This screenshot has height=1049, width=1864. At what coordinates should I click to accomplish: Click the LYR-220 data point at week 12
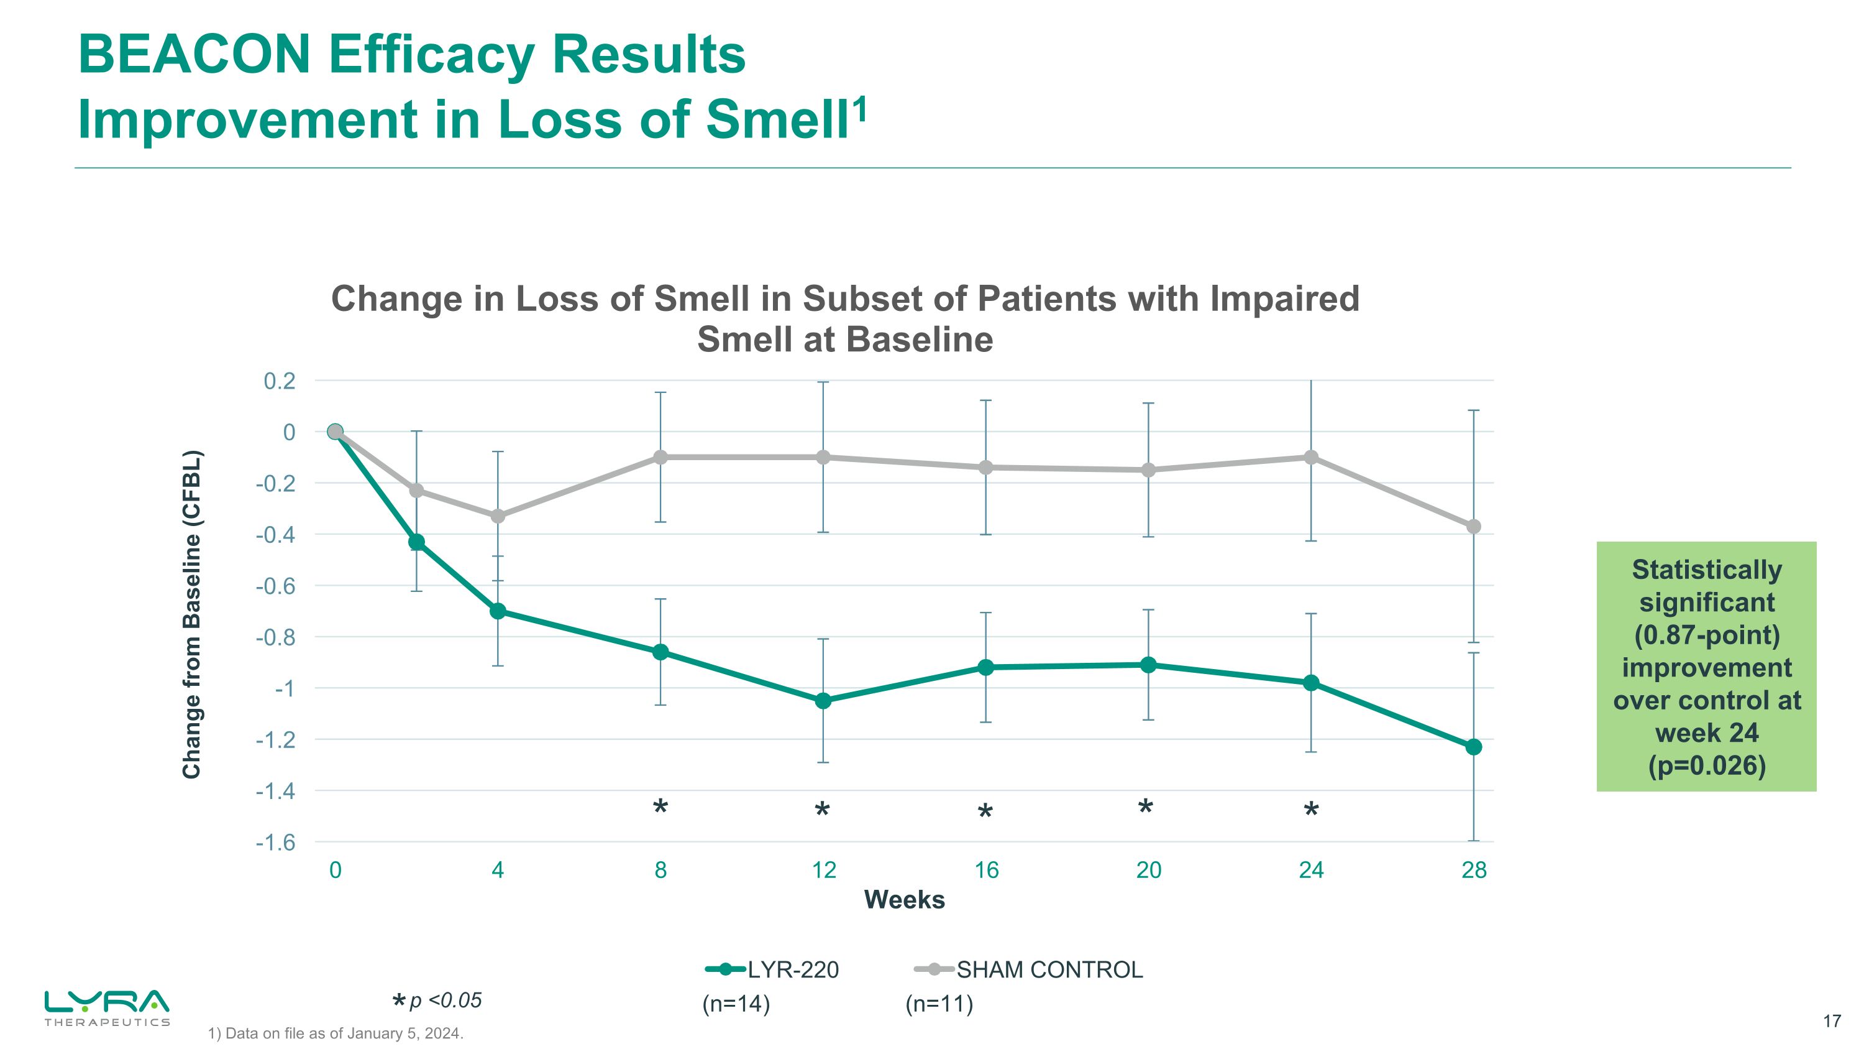(823, 701)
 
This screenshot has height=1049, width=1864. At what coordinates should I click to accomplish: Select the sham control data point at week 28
(1473, 526)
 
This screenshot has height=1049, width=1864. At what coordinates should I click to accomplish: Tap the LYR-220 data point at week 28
(1473, 746)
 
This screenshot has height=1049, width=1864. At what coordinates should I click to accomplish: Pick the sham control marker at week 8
(660, 457)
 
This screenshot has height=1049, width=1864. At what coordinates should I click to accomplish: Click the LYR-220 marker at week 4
(498, 611)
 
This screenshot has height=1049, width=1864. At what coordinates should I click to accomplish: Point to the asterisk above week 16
(985, 812)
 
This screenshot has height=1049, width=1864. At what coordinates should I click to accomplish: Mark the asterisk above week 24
(1311, 811)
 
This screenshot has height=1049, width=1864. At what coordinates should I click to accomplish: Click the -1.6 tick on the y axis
(276, 843)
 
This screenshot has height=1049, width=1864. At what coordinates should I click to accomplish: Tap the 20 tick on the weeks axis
(1148, 869)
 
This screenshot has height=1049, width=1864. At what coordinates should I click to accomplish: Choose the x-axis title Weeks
(904, 900)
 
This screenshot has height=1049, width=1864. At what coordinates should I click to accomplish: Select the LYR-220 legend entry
(772, 969)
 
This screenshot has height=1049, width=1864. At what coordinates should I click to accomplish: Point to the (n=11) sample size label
(939, 1004)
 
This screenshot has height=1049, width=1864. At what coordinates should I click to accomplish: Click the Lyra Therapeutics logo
(107, 1008)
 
